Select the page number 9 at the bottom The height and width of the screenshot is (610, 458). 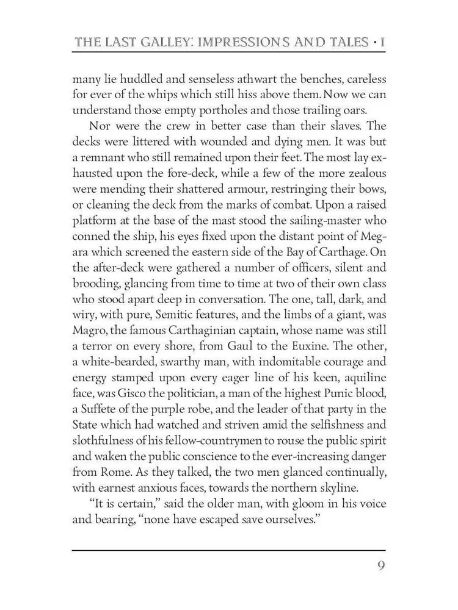380,564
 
